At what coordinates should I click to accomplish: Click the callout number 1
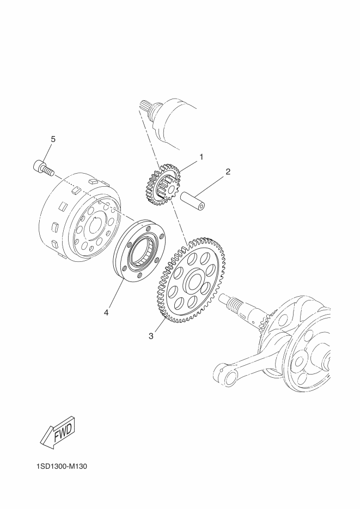202,157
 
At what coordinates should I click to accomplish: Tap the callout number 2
228,171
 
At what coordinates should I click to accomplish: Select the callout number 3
151,336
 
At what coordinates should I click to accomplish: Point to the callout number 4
106,312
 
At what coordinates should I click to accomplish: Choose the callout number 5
53,139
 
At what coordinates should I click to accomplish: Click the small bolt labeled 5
43,168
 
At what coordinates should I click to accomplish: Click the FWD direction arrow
58,432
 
